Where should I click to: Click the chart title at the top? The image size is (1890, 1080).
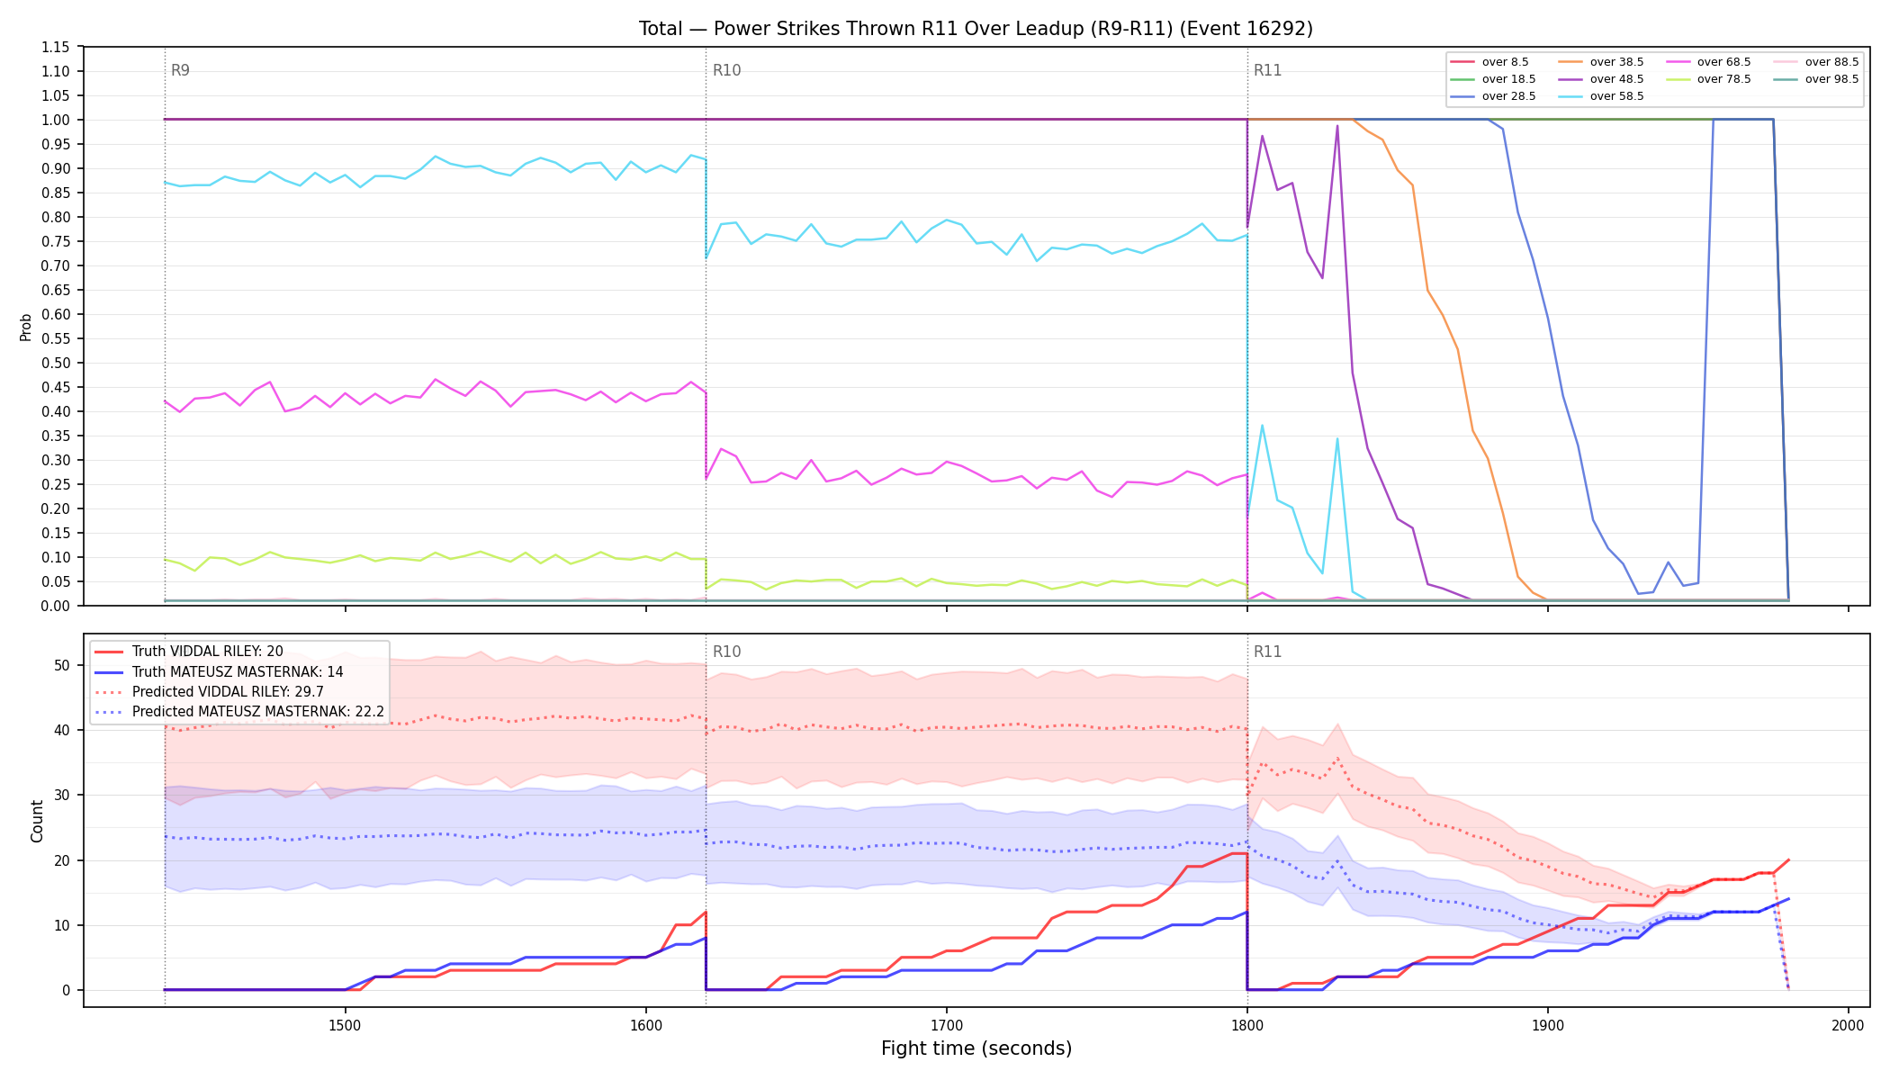click(976, 29)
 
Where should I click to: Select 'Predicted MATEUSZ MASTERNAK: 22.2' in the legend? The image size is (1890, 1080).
click(239, 712)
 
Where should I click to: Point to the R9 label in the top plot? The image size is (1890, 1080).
click(180, 70)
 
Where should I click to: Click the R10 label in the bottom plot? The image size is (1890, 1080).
click(726, 652)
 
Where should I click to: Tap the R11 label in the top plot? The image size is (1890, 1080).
click(1267, 70)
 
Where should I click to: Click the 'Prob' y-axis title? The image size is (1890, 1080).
click(26, 327)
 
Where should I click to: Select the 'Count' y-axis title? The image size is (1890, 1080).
click(37, 821)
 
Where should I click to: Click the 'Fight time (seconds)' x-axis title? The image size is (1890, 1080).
click(976, 1048)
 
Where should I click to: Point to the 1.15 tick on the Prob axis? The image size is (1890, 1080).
click(56, 47)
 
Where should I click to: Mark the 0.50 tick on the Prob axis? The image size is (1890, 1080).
click(56, 363)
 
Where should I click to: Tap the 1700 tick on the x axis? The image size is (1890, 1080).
click(946, 1025)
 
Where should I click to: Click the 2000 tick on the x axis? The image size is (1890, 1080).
click(1848, 1025)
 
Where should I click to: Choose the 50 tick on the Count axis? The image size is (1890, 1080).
click(62, 665)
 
